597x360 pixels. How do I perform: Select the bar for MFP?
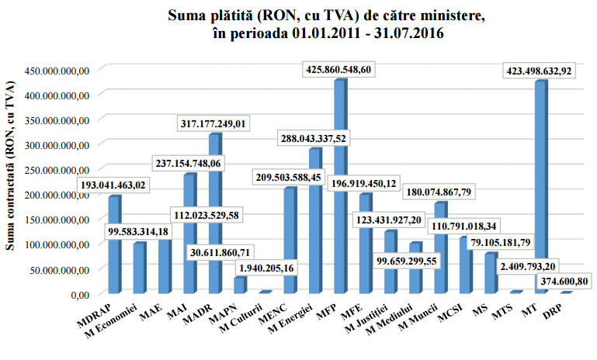(x=339, y=186)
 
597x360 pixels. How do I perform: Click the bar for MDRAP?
(x=114, y=244)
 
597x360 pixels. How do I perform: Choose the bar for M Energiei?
(x=314, y=220)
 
